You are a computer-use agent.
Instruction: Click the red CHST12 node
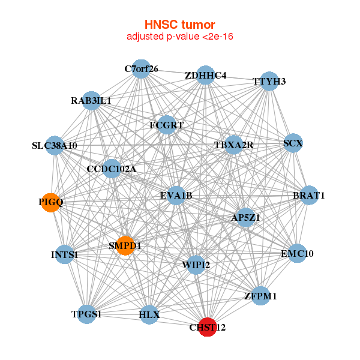[207, 327]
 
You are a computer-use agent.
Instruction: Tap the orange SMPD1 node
[125, 245]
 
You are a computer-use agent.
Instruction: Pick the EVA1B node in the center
[176, 195]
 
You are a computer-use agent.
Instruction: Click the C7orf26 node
[141, 68]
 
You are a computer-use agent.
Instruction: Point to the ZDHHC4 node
[205, 75]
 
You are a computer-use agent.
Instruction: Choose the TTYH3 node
[269, 80]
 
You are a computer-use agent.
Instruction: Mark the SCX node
[293, 143]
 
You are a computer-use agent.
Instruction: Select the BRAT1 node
[308, 196]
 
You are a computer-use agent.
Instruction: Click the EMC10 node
[297, 253]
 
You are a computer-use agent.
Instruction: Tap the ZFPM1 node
[260, 296]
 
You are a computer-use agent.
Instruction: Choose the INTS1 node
[65, 255]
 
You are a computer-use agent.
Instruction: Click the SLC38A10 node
[55, 145]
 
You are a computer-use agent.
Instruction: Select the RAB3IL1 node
[91, 100]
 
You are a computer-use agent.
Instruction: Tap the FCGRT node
[166, 125]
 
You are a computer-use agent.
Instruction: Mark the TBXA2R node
[233, 145]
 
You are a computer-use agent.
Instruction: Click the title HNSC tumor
[179, 25]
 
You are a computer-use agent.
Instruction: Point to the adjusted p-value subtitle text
[179, 37]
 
